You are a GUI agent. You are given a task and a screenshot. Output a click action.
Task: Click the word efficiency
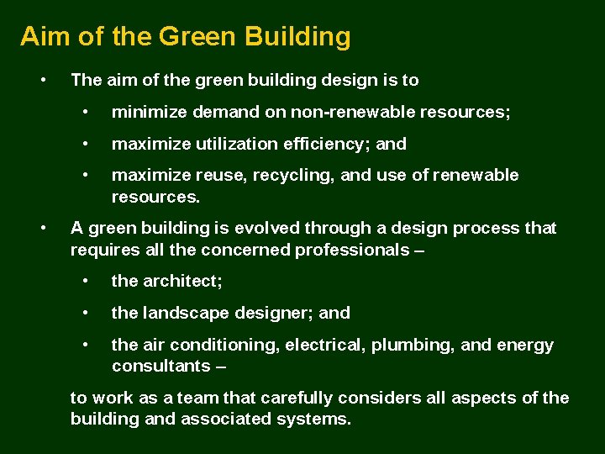click(x=321, y=144)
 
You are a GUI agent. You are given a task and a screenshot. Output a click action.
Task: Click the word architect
click(x=181, y=281)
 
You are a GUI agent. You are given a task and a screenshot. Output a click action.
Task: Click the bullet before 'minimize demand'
click(x=86, y=112)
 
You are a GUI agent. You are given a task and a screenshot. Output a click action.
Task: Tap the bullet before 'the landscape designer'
click(x=86, y=313)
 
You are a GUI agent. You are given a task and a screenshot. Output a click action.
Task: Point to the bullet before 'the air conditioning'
click(x=86, y=345)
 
